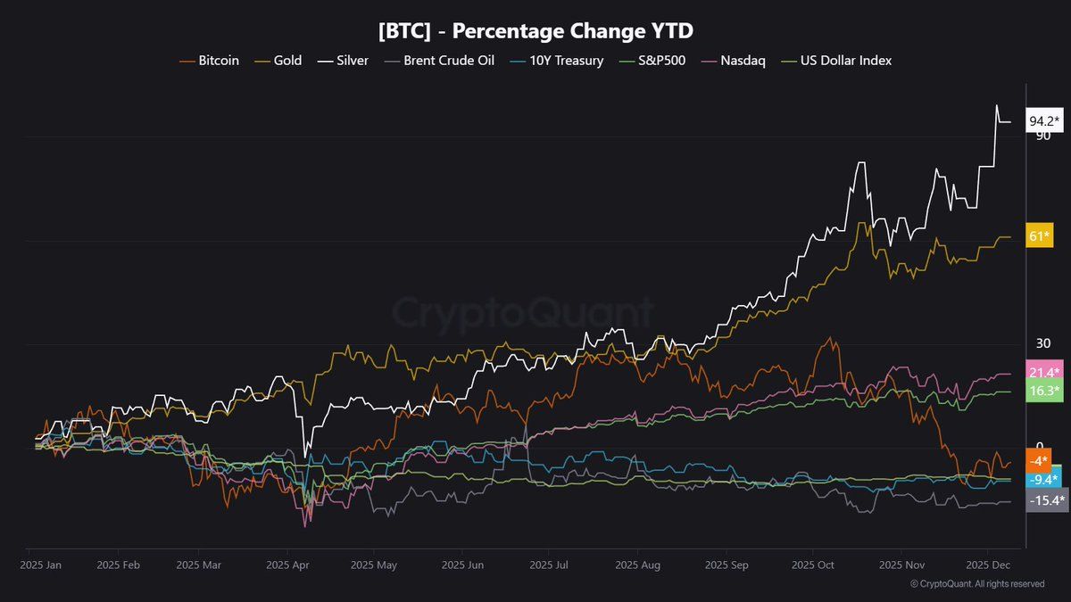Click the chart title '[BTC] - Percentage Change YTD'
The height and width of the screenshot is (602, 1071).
point(535,30)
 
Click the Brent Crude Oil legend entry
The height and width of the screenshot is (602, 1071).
point(441,61)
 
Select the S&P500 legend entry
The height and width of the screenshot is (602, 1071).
point(656,61)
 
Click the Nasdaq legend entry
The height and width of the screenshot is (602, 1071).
point(735,61)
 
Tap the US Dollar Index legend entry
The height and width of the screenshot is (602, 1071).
point(836,61)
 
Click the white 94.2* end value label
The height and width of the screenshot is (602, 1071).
point(1044,120)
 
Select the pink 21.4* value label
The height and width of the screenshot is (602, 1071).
point(1044,372)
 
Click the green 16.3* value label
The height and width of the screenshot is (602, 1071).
point(1044,391)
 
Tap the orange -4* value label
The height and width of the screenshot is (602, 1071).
point(1038,461)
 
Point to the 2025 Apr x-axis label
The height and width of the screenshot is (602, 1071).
point(287,565)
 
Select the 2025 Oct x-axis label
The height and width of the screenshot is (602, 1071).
point(812,565)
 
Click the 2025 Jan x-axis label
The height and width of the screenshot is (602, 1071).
point(41,565)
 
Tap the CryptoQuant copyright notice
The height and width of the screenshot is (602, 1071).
point(976,584)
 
